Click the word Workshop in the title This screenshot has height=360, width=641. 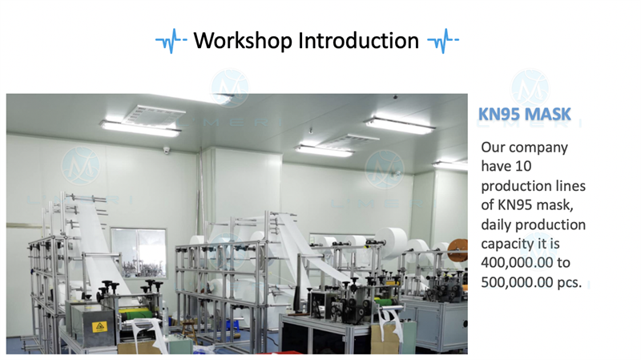[243, 41]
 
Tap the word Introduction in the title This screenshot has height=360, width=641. [358, 41]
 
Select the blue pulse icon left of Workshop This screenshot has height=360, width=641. [171, 41]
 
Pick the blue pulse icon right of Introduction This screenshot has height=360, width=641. [443, 41]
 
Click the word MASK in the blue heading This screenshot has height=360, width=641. [548, 114]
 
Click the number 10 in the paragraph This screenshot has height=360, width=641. [523, 166]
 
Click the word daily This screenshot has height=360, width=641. [496, 224]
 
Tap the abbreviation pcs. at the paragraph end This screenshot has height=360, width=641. [570, 283]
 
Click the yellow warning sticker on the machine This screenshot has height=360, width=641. [99, 326]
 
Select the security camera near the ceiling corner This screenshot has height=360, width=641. [167, 150]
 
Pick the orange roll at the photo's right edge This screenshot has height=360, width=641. [458, 250]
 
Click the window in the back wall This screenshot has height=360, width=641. [139, 253]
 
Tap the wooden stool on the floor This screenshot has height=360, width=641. [190, 332]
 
